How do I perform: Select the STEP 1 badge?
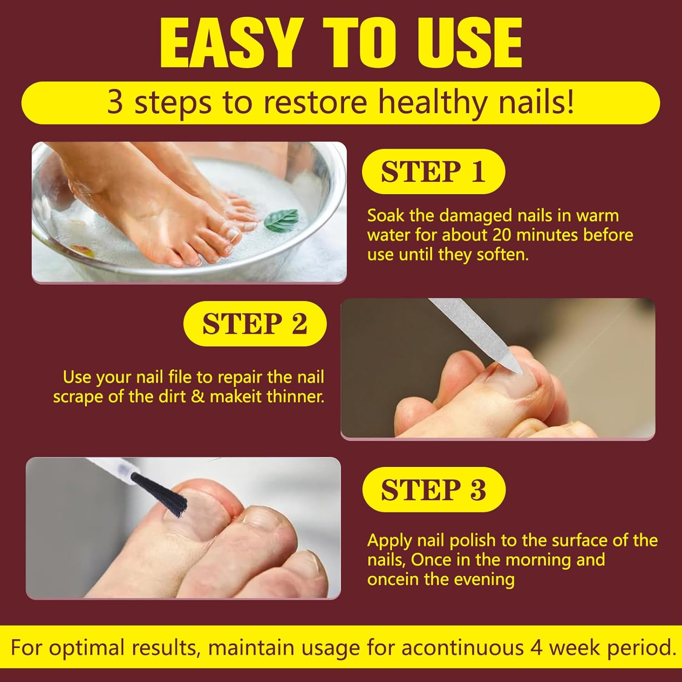click(433, 171)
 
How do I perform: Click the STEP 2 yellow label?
click(255, 324)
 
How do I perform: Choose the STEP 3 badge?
click(433, 490)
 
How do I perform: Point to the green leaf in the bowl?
click(281, 220)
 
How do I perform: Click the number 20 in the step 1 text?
click(501, 235)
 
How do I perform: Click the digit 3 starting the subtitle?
click(115, 103)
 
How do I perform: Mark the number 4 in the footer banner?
click(537, 647)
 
